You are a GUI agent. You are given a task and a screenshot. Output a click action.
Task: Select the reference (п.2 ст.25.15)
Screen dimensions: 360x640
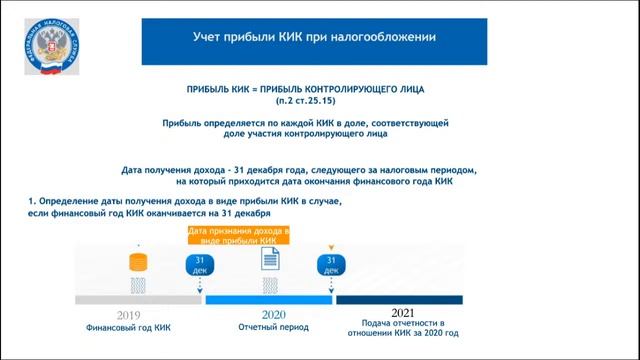coord(321,101)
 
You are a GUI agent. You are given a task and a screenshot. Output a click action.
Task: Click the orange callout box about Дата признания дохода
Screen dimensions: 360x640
coord(239,236)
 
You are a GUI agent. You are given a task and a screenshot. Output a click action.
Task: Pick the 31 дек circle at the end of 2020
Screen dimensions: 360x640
coord(331,263)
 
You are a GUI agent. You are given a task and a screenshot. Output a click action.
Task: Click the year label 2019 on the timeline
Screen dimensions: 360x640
coord(128,315)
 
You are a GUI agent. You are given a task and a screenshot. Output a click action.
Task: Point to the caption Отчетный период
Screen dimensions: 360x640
coord(273,327)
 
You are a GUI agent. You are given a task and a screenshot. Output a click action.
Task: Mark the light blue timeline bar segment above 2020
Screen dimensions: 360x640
coord(270,299)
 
